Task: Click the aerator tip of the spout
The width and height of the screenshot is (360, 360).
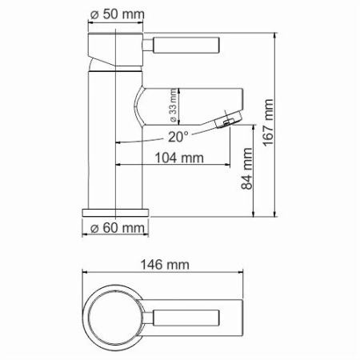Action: point(228,120)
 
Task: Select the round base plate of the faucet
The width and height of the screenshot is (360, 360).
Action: point(116,212)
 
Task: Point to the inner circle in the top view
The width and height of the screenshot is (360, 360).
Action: point(115,314)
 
